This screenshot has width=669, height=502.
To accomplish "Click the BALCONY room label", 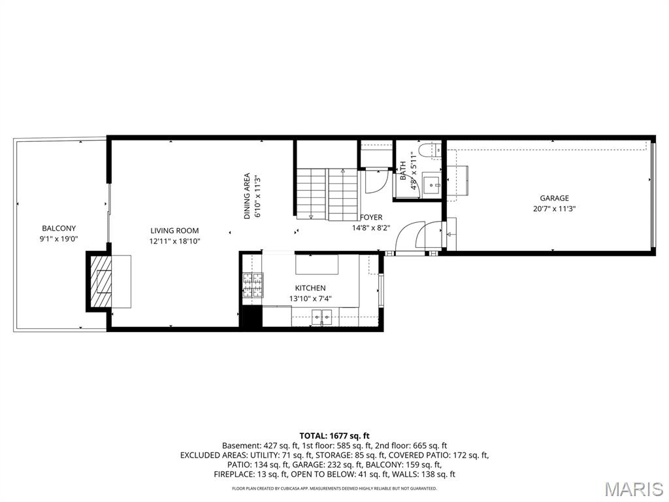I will tap(59, 228).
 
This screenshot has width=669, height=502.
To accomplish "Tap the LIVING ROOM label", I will tap(174, 230).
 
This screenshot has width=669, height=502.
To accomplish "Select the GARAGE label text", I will tap(554, 198).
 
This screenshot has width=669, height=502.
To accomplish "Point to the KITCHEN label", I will tap(310, 288).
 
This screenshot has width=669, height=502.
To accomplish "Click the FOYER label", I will tap(371, 217).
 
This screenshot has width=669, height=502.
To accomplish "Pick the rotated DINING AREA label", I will tap(247, 195).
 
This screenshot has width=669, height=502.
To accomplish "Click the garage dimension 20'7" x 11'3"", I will tap(554, 209).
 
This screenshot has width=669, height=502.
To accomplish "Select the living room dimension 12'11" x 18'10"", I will tap(174, 241).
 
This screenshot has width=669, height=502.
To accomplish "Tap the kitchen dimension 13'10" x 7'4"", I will tap(310, 299).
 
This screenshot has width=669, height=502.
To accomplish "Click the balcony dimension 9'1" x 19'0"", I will tap(59, 239).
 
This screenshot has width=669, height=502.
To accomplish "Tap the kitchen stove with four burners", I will tap(252, 286).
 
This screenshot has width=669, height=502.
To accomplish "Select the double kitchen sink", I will tap(321, 318).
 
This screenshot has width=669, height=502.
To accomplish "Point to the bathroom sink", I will tap(431, 184).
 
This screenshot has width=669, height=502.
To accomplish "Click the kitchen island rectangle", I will tap(317, 265).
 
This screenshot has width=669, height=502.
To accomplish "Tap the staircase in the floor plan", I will tap(327, 193).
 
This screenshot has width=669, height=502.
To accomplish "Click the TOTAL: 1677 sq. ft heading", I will tap(334, 435).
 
